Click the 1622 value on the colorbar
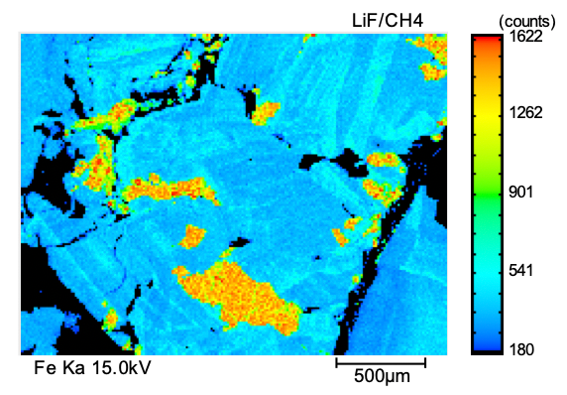(525, 36)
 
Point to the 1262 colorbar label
(525, 113)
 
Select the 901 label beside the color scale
(521, 192)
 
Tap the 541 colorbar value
(521, 271)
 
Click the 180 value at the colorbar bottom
(521, 349)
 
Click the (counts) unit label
(527, 22)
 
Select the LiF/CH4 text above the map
(388, 21)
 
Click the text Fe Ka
(59, 368)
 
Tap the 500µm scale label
(382, 376)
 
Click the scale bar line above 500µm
(381, 362)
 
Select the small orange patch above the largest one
(192, 237)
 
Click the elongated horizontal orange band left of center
(170, 190)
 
